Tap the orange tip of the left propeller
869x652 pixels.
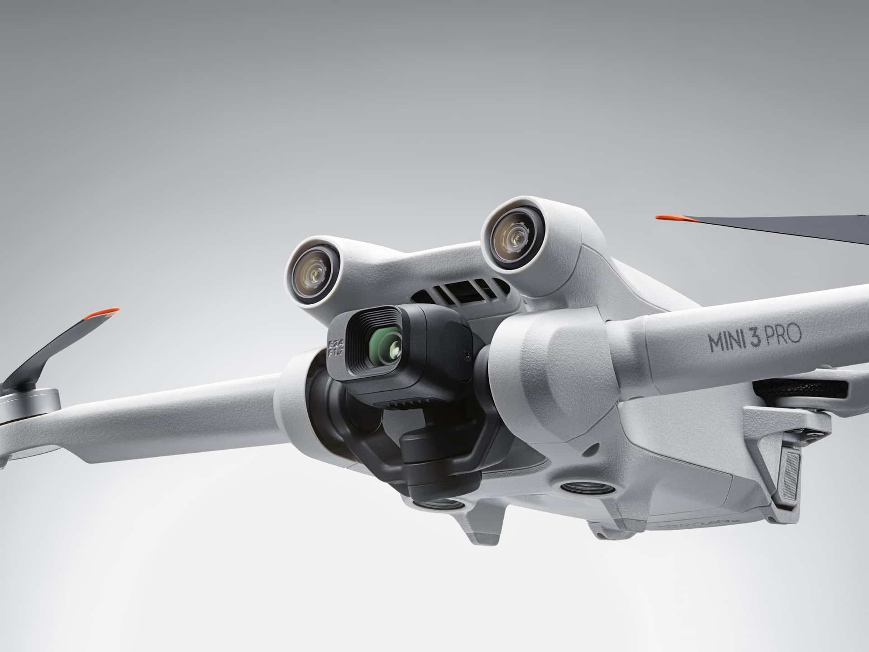click(x=105, y=312)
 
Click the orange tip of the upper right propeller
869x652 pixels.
click(x=674, y=219)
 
